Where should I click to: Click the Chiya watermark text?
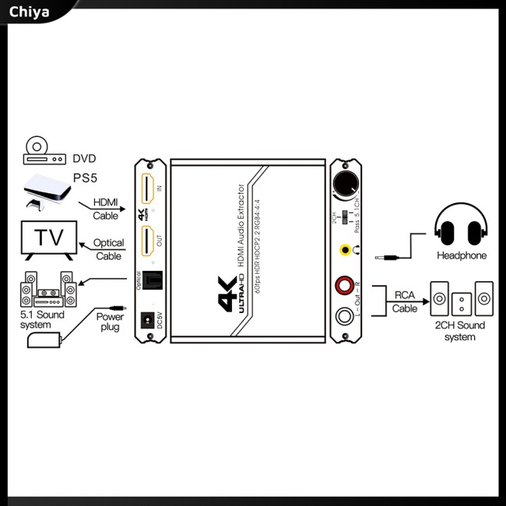click(x=29, y=12)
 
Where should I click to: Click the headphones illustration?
click(x=461, y=228)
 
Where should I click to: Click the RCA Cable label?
click(x=405, y=301)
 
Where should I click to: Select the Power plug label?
click(x=110, y=322)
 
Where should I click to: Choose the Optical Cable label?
click(x=109, y=249)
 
